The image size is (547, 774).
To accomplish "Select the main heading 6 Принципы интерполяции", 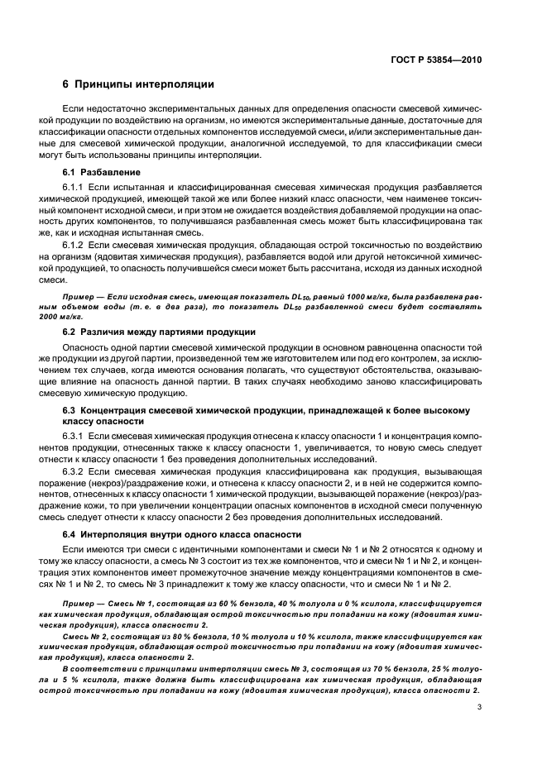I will click(x=138, y=84).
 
